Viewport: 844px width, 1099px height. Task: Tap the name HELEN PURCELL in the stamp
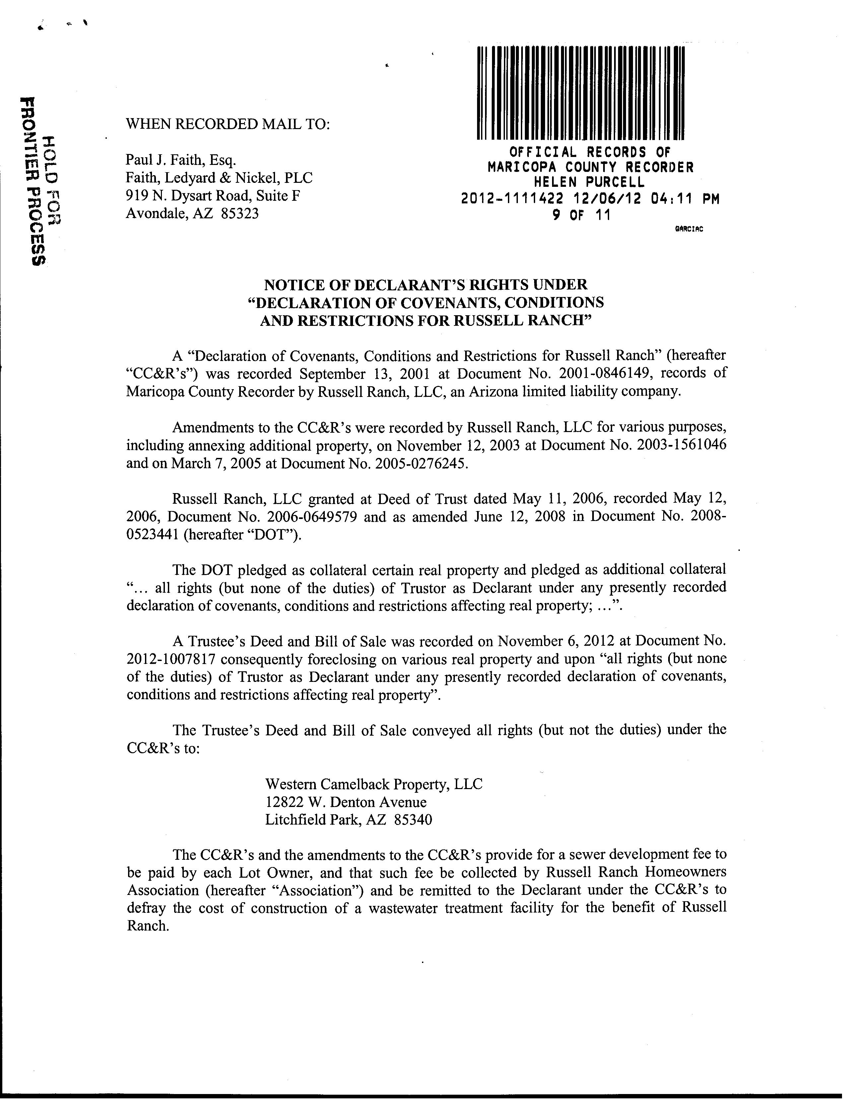(x=589, y=182)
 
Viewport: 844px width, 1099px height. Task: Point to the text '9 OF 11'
(x=581, y=216)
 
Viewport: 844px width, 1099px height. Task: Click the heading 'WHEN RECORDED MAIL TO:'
(x=228, y=124)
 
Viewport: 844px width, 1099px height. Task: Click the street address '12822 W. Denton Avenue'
(x=346, y=802)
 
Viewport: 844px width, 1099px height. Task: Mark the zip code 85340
(x=413, y=820)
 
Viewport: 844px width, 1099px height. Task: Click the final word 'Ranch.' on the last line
(x=147, y=926)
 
